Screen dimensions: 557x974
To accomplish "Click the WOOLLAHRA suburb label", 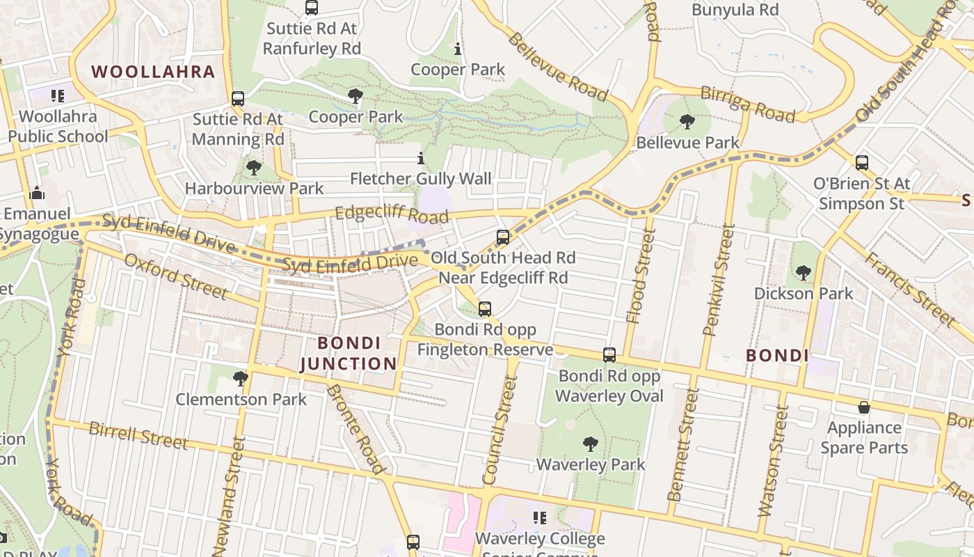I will (x=153, y=72).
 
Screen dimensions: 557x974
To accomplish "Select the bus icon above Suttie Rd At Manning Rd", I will (x=238, y=99).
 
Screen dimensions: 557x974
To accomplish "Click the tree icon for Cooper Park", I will (x=356, y=96).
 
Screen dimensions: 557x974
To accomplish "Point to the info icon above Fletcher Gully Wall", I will (x=420, y=159).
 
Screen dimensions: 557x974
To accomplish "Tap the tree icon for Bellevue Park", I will (x=687, y=122).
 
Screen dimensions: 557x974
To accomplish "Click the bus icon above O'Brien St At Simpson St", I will (x=861, y=163).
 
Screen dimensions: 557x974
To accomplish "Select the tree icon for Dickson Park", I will (x=804, y=272).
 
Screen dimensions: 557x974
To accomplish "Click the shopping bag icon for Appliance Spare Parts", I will (x=864, y=407).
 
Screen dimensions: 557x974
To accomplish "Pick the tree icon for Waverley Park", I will (x=590, y=444).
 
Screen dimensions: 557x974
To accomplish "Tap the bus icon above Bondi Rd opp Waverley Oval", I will (x=609, y=355).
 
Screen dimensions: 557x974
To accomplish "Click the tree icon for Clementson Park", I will (x=241, y=379).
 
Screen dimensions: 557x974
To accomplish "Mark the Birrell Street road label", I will (x=138, y=435).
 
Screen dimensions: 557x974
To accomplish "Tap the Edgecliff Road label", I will (x=392, y=213).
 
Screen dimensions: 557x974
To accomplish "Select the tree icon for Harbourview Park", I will (x=254, y=168).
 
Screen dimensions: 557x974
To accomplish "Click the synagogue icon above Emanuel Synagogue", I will (x=37, y=193).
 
